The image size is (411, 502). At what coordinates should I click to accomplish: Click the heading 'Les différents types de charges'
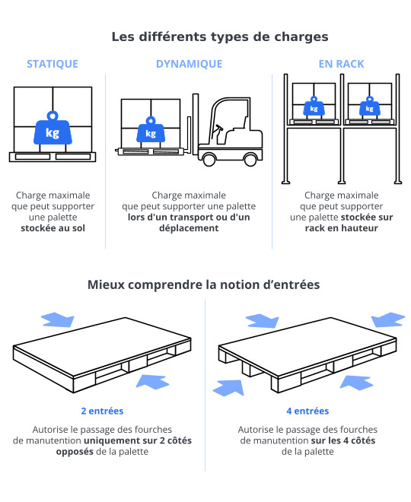[x=220, y=36]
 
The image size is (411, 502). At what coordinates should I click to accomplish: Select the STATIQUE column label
[x=53, y=64]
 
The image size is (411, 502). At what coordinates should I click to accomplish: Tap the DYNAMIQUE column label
[x=189, y=64]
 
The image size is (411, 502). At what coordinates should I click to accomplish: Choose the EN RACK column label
[x=341, y=64]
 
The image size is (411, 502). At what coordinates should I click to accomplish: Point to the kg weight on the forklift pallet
[x=150, y=132]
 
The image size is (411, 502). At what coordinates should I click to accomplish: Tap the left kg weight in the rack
[x=313, y=108]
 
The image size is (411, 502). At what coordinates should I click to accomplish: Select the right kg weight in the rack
[x=369, y=108]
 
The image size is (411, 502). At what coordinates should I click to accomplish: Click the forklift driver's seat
[x=221, y=135]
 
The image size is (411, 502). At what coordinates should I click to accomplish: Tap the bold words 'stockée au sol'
[x=53, y=227]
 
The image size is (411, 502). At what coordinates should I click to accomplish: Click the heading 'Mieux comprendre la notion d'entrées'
[x=203, y=284]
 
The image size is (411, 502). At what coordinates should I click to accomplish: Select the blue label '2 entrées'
[x=102, y=411]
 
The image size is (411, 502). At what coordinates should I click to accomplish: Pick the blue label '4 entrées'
[x=307, y=411]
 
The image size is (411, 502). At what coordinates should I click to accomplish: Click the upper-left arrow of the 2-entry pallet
[x=58, y=318]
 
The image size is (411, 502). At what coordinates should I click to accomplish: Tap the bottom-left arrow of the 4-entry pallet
[x=229, y=387]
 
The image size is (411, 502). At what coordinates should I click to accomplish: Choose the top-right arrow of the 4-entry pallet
[x=387, y=319]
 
